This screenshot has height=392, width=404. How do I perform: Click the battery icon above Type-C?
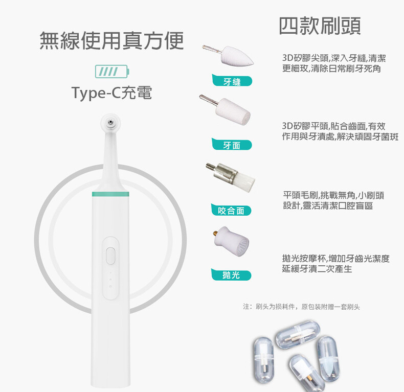pyautogui.click(x=112, y=72)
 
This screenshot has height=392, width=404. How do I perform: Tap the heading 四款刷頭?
pyautogui.click(x=320, y=26)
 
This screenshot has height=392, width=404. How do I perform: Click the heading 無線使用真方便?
pyautogui.click(x=111, y=40)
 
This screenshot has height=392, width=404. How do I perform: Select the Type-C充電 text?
pyautogui.click(x=111, y=93)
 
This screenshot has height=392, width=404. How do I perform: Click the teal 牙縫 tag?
pyautogui.click(x=232, y=81)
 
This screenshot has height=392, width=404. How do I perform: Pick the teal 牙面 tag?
pyautogui.click(x=232, y=145)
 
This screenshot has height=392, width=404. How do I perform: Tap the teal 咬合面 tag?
pyautogui.click(x=231, y=210)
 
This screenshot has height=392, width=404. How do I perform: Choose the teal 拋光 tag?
pyautogui.click(x=231, y=274)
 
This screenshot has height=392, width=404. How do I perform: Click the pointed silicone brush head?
pyautogui.click(x=228, y=55)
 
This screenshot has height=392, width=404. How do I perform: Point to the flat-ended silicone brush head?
pyautogui.click(x=225, y=109)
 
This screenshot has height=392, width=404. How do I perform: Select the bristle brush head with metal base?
pyautogui.click(x=231, y=176)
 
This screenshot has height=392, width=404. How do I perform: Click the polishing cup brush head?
pyautogui.click(x=231, y=241)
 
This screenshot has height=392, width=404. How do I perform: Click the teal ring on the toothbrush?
pyautogui.click(x=110, y=194)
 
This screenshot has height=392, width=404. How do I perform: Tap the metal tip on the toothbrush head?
pyautogui.click(x=111, y=122)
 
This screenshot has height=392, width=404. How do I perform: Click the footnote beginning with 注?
pyautogui.click(x=301, y=307)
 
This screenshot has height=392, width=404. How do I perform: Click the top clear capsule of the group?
pyautogui.click(x=298, y=335)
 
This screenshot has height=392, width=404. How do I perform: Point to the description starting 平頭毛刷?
pyautogui.click(x=333, y=200)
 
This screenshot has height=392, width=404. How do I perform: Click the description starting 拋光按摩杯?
pyautogui.click(x=336, y=263)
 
